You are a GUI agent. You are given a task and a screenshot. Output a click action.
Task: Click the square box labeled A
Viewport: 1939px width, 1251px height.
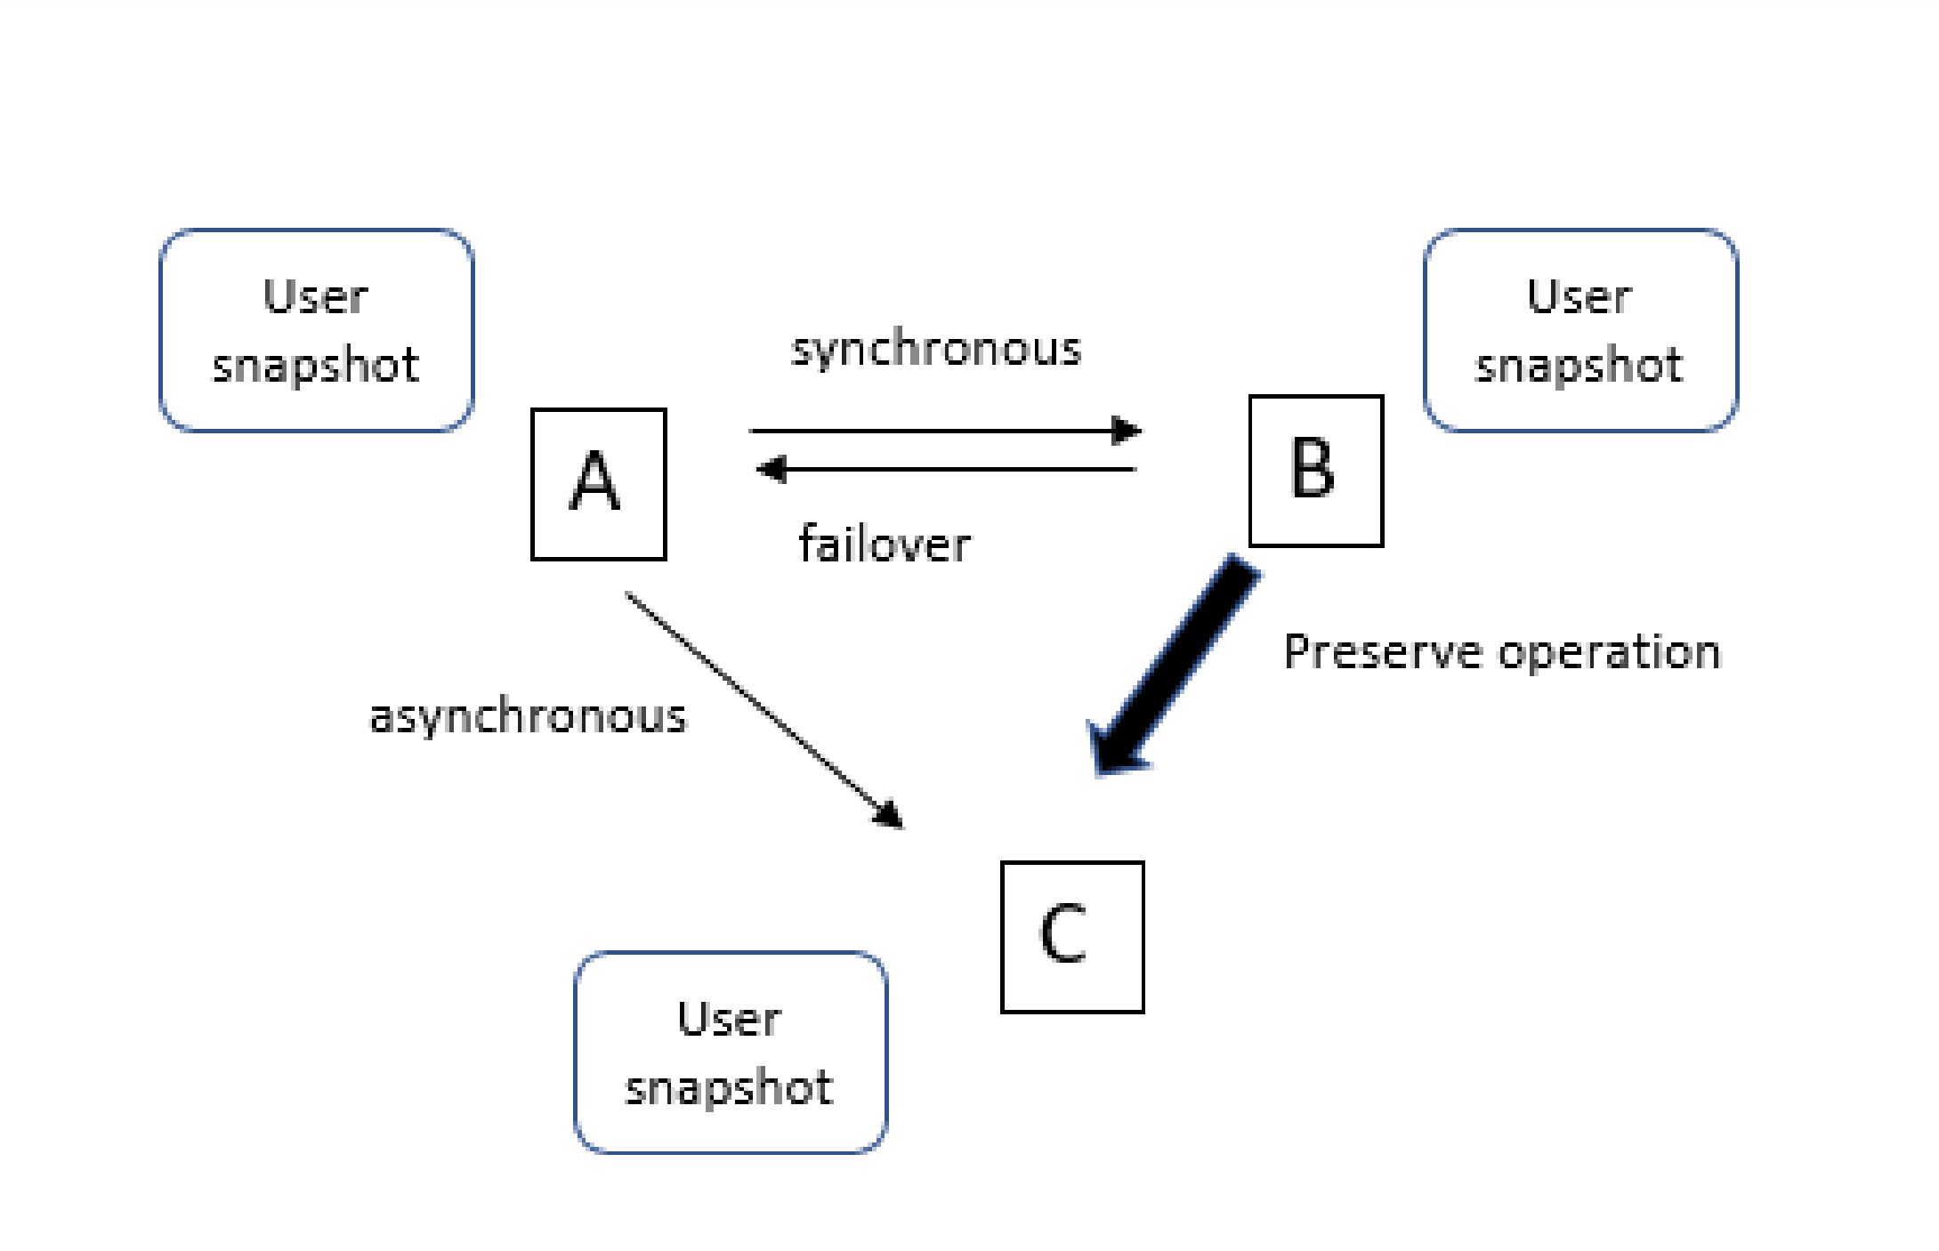pyautogui.click(x=598, y=484)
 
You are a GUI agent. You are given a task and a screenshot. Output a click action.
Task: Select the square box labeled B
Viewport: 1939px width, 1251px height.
pyautogui.click(x=1315, y=471)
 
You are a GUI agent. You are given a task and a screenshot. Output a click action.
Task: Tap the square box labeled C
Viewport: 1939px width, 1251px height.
pyautogui.click(x=1071, y=936)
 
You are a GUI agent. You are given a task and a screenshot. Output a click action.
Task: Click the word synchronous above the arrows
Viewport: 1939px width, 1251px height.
pyautogui.click(x=936, y=349)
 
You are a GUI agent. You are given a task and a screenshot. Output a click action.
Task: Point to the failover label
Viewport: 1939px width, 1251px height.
pyautogui.click(x=885, y=544)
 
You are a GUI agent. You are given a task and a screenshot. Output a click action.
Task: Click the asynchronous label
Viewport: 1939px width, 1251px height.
pyautogui.click(x=529, y=716)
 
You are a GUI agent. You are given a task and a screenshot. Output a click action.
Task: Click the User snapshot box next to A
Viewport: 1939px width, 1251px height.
pyautogui.click(x=316, y=330)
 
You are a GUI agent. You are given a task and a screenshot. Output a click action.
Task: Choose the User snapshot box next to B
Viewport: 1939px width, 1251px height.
pyautogui.click(x=1579, y=330)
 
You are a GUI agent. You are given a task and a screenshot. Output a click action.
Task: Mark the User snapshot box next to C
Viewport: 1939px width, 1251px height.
pyautogui.click(x=730, y=1052)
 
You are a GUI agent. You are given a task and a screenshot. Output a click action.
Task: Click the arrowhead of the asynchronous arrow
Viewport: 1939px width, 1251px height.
pyautogui.click(x=890, y=815)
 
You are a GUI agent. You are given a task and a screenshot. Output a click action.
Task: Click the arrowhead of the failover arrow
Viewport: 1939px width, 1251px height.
pyautogui.click(x=771, y=469)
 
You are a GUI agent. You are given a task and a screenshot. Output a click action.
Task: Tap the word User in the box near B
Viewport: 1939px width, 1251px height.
pyautogui.click(x=1579, y=296)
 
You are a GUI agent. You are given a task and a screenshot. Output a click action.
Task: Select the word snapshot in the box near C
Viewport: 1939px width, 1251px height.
pyautogui.click(x=730, y=1087)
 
